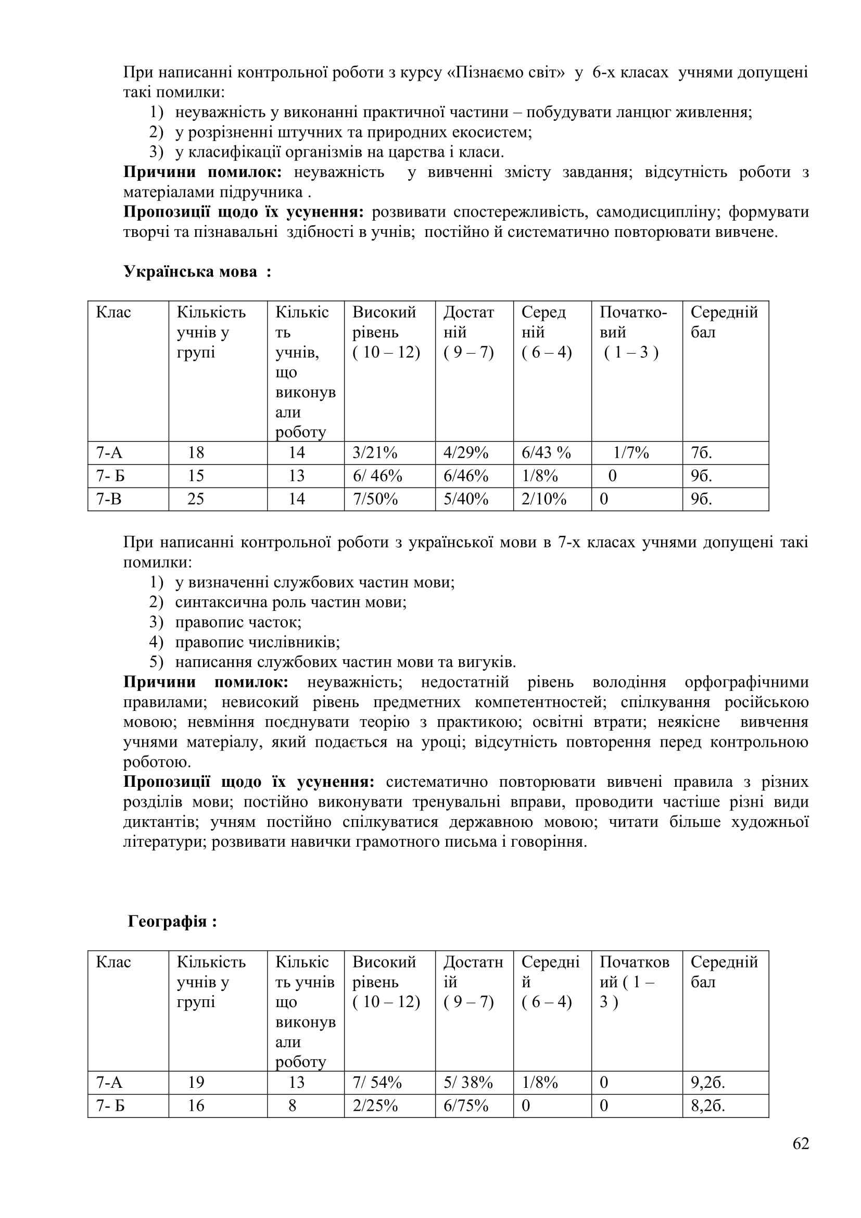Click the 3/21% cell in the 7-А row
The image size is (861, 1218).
point(375,453)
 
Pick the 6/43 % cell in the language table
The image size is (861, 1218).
point(546,453)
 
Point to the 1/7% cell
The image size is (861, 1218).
point(631,453)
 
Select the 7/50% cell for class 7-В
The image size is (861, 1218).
point(375,499)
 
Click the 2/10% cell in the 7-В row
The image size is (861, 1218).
point(544,499)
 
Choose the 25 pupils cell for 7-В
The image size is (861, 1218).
point(196,499)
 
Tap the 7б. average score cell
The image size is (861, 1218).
point(701,453)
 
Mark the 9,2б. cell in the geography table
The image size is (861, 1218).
point(708,1082)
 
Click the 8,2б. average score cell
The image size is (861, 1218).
point(708,1106)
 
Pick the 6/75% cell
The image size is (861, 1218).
point(465,1106)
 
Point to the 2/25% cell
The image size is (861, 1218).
point(375,1106)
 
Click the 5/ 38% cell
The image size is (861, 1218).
point(467,1082)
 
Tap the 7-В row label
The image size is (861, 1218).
point(109,499)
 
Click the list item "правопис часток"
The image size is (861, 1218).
point(238,622)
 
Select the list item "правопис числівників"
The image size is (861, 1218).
point(257,642)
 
